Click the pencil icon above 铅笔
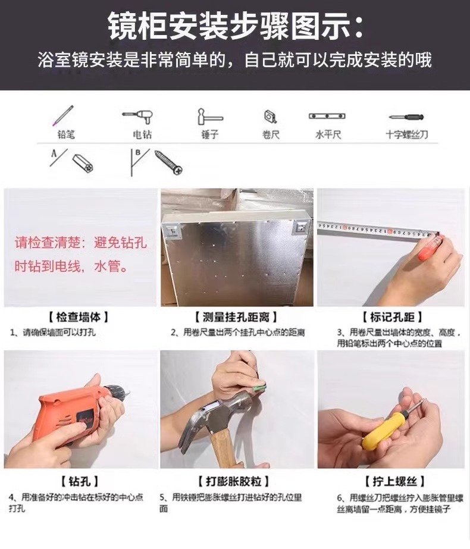63,115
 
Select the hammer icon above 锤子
209,117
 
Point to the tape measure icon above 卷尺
270,116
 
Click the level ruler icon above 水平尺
327,116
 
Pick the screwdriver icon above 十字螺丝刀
406,117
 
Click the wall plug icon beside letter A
83,163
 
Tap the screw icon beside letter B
169,163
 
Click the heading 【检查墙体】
78,317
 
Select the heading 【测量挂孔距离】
236,317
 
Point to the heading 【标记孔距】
392,317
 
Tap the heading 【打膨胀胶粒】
233,481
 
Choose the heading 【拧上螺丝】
394,481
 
